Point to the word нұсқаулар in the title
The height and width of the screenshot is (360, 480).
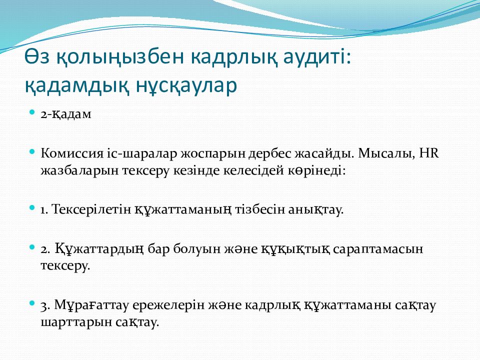(186, 85)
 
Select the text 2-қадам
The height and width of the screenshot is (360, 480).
(66, 114)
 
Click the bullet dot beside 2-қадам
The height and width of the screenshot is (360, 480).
(32, 112)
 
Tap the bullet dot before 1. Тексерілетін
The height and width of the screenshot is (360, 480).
(32, 207)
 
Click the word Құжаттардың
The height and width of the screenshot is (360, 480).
(99, 249)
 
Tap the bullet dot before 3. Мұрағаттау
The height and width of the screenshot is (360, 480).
(32, 303)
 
